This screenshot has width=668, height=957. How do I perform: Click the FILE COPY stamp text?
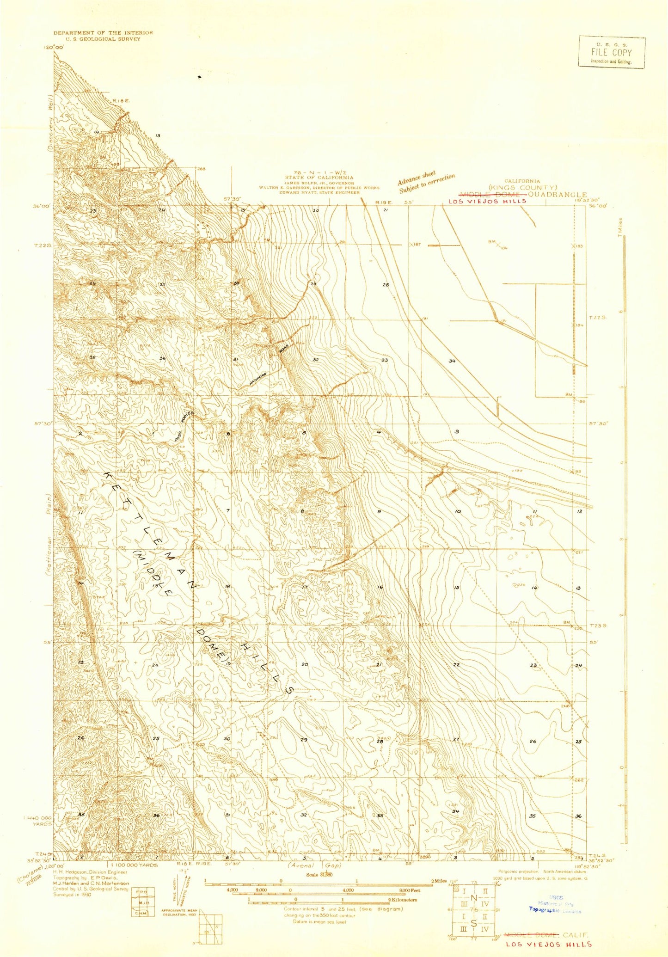click(611, 52)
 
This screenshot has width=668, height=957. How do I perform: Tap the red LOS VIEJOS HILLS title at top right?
click(487, 201)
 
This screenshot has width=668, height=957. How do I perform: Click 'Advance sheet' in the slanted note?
click(417, 178)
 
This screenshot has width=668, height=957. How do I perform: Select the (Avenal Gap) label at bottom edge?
click(314, 865)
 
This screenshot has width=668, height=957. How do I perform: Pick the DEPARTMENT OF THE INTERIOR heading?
click(103, 33)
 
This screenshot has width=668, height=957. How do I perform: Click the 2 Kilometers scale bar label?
click(402, 900)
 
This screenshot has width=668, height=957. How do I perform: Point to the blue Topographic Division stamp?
click(555, 910)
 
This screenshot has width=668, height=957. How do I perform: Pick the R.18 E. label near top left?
click(122, 100)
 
